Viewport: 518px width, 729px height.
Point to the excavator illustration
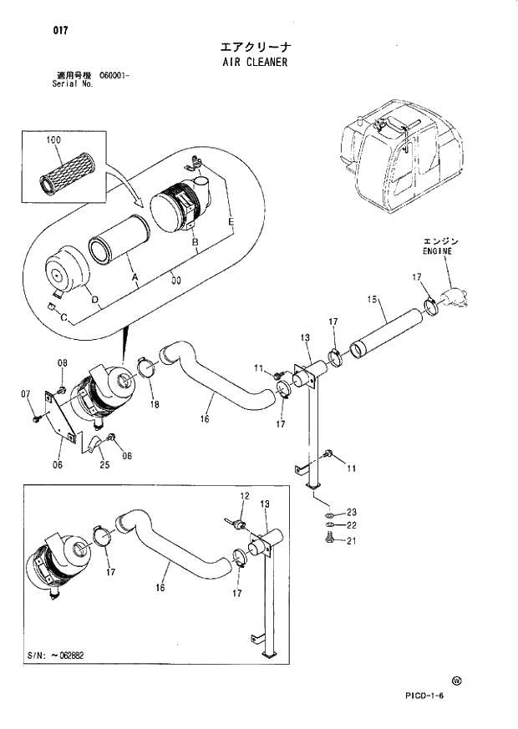pyautogui.click(x=396, y=159)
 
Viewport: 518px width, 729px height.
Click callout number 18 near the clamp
pyautogui.click(x=155, y=404)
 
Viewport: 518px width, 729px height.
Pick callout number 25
pyautogui.click(x=104, y=465)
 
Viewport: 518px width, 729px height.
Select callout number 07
pyautogui.click(x=25, y=393)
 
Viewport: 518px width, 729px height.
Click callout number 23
pyautogui.click(x=352, y=511)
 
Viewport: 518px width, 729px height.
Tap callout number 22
pyautogui.click(x=352, y=524)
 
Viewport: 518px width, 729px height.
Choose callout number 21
pyautogui.click(x=352, y=540)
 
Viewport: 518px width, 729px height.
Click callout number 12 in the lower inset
pyautogui.click(x=244, y=496)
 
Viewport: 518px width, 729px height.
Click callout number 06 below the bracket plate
pyautogui.click(x=58, y=465)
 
